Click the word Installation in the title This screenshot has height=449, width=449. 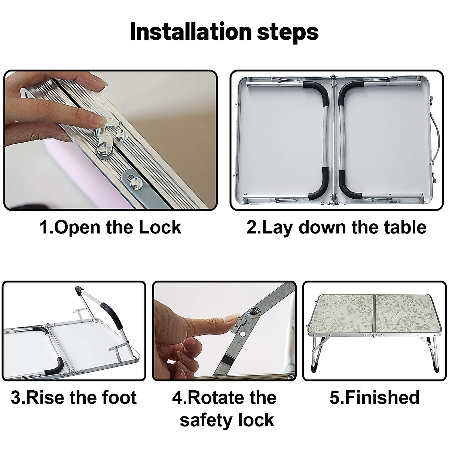tap(190, 32)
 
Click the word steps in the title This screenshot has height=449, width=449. tap(287, 33)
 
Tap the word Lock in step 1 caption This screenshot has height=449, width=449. tap(160, 227)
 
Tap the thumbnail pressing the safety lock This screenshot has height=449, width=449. tap(231, 318)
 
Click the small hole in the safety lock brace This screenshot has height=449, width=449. tap(243, 334)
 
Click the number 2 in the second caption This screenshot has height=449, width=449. tap(252, 227)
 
